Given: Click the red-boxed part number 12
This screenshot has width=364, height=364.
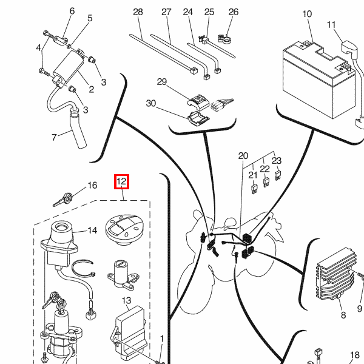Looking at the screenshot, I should pyautogui.click(x=121, y=181).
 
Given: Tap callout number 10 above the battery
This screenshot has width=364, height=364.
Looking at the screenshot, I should pyautogui.click(x=307, y=14).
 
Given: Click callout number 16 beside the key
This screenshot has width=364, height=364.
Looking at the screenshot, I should pyautogui.click(x=92, y=186).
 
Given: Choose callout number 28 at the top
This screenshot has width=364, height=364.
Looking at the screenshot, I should pyautogui.click(x=138, y=12).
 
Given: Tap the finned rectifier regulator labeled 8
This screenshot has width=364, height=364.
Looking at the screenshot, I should pyautogui.click(x=336, y=274).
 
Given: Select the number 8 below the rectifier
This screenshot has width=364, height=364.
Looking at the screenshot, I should pyautogui.click(x=343, y=315).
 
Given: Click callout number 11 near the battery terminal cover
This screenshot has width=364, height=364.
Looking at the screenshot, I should pyautogui.click(x=331, y=25).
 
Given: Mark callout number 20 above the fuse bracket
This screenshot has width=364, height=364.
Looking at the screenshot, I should pyautogui.click(x=243, y=155).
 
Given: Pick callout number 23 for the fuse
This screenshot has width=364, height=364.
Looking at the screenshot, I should pyautogui.click(x=277, y=161).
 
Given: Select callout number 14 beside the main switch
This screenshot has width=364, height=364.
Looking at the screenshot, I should pyautogui.click(x=92, y=231).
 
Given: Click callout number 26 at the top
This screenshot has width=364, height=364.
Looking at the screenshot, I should pyautogui.click(x=234, y=12).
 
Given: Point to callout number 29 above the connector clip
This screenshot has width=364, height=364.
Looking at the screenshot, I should pyautogui.click(x=161, y=82).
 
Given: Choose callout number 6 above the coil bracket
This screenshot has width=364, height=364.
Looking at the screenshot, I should pyautogui.click(x=72, y=11).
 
